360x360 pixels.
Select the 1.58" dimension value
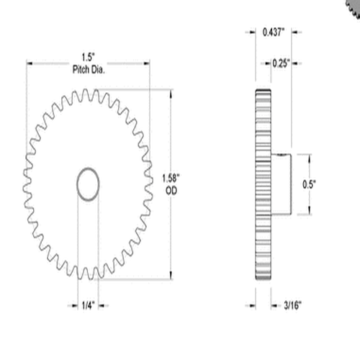pyautogui.click(x=171, y=177)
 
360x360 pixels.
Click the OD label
pyautogui.click(x=171, y=189)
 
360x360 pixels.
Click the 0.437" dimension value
pyautogui.click(x=274, y=32)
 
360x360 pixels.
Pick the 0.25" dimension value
pyautogui.click(x=282, y=63)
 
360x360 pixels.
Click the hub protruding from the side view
pyautogui.click(x=281, y=184)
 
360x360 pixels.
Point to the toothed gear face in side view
pyautogui.click(x=263, y=184)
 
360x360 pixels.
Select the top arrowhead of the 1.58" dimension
pyautogui.click(x=171, y=92)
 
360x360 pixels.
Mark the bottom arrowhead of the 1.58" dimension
pyautogui.click(x=171, y=275)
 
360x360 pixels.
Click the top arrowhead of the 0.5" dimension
pyautogui.click(x=310, y=156)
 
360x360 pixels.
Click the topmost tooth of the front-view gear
pyautogui.click(x=88, y=91)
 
